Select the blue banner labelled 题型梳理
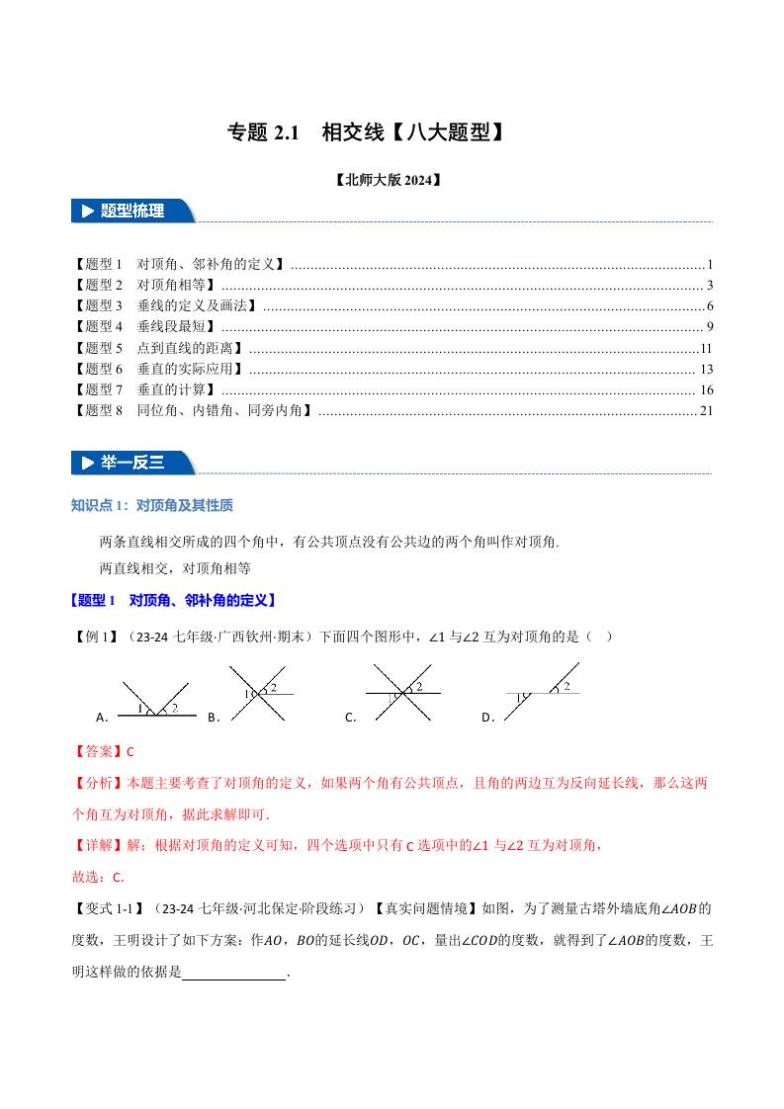tap(134, 211)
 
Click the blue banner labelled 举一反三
tap(134, 462)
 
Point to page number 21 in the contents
tap(705, 410)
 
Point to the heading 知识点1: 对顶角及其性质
tap(152, 506)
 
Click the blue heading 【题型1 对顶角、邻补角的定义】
tap(174, 600)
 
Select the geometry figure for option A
tap(153, 699)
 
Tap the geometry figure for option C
tap(401, 694)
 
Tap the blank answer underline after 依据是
tap(234, 974)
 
